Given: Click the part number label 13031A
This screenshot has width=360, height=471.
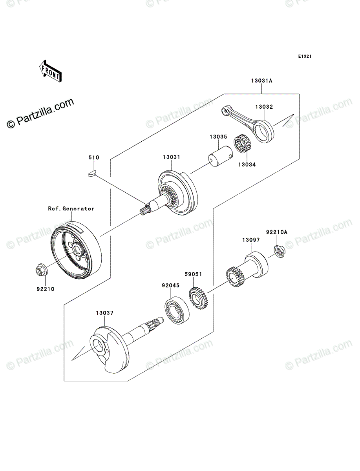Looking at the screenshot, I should pos(262,81).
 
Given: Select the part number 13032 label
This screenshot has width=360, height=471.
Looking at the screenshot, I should pos(264,107).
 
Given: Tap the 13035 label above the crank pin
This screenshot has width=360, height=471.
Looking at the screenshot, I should pos(218,137).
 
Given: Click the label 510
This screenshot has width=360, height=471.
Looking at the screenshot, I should pos(93,158).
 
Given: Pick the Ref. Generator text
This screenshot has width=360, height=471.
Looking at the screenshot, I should pos(71,209).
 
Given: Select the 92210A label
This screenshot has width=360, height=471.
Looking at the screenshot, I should pos(277,232).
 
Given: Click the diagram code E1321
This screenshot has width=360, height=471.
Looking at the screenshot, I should pos(305,57).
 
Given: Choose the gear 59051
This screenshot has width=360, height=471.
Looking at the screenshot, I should pos(199,298).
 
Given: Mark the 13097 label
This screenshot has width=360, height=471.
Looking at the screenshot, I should pos(250,240).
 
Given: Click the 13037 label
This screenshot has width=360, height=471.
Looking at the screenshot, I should pos(104,313).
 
